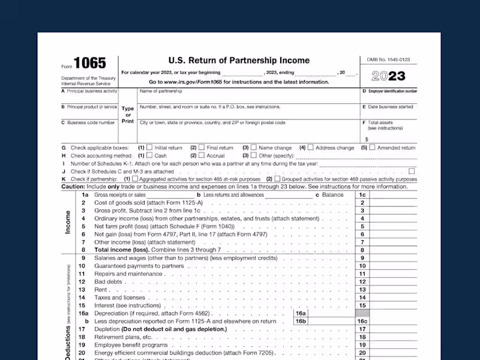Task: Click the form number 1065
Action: point(90,63)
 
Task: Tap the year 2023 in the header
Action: point(388,76)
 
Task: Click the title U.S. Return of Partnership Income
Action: point(239,61)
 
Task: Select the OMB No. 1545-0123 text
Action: point(388,59)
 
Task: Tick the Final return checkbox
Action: point(202,147)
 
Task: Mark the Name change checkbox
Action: point(254,147)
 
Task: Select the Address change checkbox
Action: point(311,147)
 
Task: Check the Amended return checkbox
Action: point(372,147)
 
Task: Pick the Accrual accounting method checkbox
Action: point(202,155)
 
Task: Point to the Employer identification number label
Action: point(389,91)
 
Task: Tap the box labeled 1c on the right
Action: point(362,195)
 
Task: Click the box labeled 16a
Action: point(301,313)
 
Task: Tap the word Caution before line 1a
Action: point(73,187)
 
